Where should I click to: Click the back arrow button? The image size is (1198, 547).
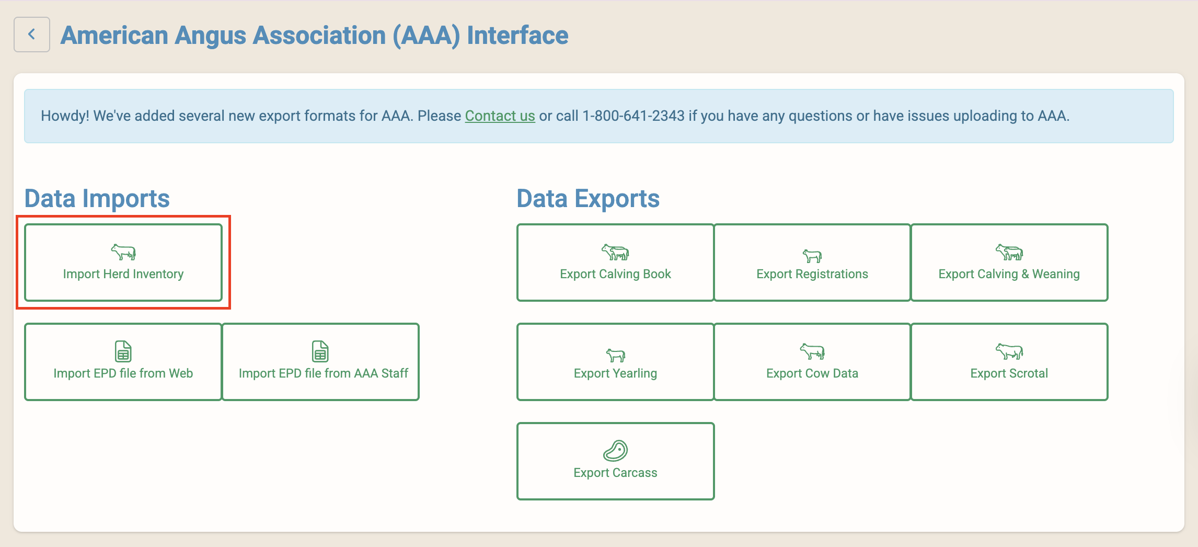[32, 35]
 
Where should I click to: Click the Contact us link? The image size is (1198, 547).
[500, 116]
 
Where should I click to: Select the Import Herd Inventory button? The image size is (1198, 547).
[123, 263]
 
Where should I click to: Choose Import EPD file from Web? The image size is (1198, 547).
[123, 362]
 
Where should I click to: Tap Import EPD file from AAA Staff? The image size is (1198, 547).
[320, 362]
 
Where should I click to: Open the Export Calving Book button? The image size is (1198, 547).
[615, 263]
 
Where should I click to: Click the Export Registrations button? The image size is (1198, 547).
[812, 263]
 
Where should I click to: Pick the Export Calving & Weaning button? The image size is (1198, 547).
[1009, 263]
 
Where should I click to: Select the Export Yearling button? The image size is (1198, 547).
[615, 362]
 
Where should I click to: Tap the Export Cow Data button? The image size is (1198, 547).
[812, 362]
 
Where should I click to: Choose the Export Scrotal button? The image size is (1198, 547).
[1009, 362]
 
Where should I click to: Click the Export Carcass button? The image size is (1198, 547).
[615, 461]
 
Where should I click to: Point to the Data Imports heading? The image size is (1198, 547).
[97, 199]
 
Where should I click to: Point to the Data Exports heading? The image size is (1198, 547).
[588, 199]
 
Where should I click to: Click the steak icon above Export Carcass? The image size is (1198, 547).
[615, 450]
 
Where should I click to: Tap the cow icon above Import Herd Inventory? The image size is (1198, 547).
[123, 252]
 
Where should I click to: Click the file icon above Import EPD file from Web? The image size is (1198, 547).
[123, 351]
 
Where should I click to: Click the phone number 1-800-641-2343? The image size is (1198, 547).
[633, 116]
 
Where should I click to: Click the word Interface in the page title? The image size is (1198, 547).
[517, 36]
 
